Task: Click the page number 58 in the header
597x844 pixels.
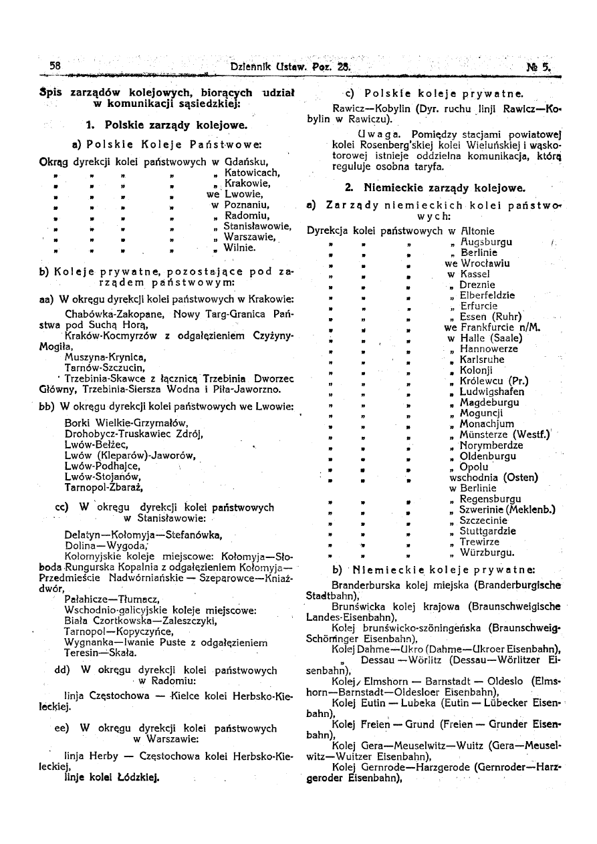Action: click(55, 66)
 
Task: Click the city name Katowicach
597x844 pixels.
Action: click(243, 172)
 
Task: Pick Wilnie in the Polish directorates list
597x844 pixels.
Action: click(239, 247)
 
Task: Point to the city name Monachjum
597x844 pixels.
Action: click(487, 424)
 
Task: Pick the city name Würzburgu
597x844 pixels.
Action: click(487, 553)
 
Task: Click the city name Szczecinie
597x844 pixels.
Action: click(483, 521)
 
